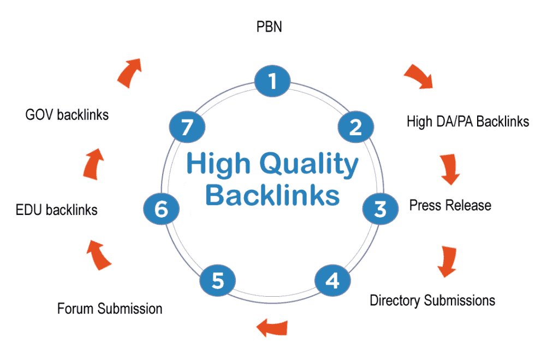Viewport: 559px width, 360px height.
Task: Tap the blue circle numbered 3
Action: pyautogui.click(x=380, y=208)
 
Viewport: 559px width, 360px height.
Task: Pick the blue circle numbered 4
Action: pyautogui.click(x=332, y=281)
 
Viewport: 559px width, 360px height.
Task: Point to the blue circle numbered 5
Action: pyautogui.click(x=217, y=281)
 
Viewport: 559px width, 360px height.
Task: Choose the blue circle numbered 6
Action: pyautogui.click(x=161, y=209)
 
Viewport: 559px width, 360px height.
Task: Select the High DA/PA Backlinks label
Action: pyautogui.click(x=468, y=121)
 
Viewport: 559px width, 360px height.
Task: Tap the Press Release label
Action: pyautogui.click(x=450, y=205)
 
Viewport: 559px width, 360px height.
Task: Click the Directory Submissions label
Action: pyautogui.click(x=432, y=300)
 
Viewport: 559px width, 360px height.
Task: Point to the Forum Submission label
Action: pyautogui.click(x=110, y=309)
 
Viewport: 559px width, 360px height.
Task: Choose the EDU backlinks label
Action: pyautogui.click(x=57, y=209)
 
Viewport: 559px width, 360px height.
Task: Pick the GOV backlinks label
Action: pyautogui.click(x=67, y=115)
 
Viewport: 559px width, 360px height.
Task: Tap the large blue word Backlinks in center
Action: pyautogui.click(x=272, y=195)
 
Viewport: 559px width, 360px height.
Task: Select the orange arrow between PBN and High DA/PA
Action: pyautogui.click(x=418, y=76)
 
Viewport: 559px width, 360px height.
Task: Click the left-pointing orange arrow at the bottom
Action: pyautogui.click(x=271, y=327)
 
